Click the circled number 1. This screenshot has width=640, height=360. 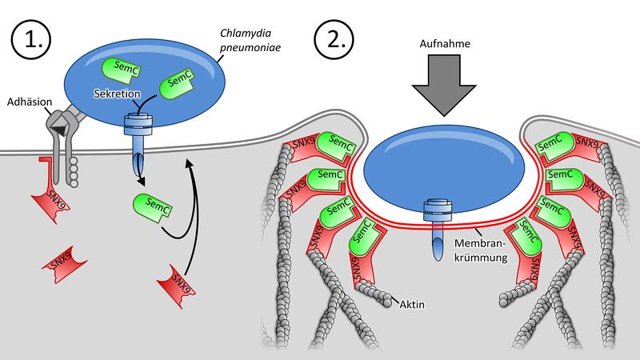[x=31, y=39]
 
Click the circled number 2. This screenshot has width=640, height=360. [x=334, y=39]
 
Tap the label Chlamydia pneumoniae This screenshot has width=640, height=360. [x=250, y=40]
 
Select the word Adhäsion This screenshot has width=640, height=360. [x=30, y=102]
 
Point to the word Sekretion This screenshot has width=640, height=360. [x=117, y=94]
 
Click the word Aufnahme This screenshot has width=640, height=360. [x=445, y=44]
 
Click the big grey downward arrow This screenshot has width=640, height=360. [x=444, y=85]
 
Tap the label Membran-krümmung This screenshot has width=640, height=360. [x=481, y=250]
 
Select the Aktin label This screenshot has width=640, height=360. [x=412, y=305]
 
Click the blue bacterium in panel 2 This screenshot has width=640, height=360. [x=444, y=170]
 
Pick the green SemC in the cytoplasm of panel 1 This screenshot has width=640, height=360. [x=153, y=208]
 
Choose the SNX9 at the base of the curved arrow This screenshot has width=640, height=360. [x=176, y=286]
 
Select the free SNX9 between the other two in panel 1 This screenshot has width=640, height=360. [x=65, y=265]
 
